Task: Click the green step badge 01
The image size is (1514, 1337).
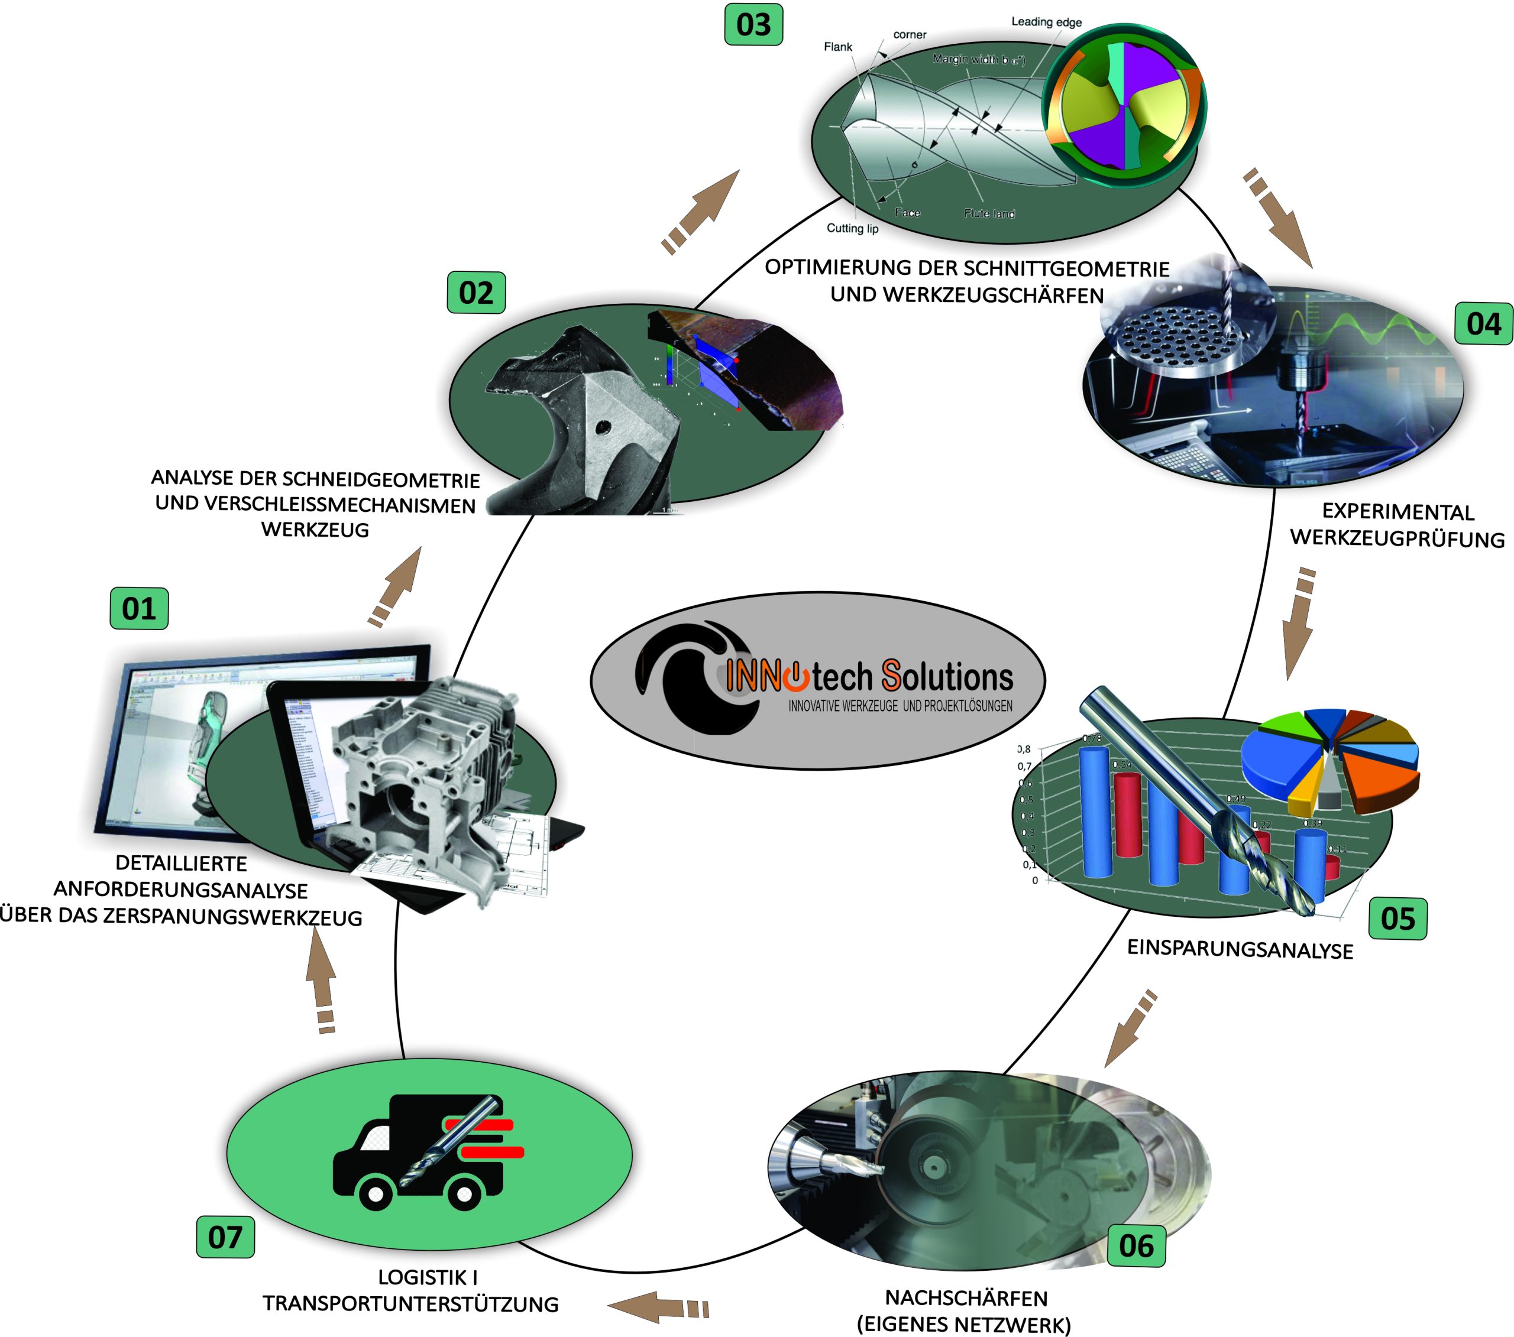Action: point(138,609)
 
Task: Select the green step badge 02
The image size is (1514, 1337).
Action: point(475,293)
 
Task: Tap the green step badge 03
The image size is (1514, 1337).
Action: point(753,24)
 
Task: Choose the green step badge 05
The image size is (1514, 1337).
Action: point(1397,919)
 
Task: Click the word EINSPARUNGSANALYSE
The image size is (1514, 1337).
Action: point(1240,950)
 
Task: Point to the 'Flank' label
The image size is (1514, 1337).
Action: point(838,47)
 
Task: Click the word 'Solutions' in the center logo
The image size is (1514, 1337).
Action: point(947,677)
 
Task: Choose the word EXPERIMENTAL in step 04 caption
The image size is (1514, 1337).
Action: point(1397,511)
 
